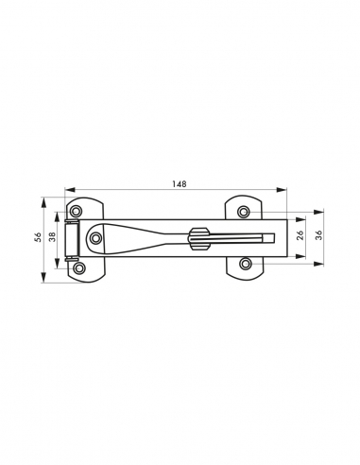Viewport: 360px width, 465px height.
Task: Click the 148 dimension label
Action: point(180,183)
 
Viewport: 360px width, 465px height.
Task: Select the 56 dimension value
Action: point(38,237)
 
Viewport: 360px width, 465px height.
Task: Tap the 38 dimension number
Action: point(52,236)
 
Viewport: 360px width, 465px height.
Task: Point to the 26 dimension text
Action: point(300,235)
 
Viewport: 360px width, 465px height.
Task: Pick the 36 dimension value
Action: point(319,235)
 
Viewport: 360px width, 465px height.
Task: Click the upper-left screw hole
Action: point(76,211)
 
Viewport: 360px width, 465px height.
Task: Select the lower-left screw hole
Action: point(78,268)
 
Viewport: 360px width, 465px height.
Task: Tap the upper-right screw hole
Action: point(244,212)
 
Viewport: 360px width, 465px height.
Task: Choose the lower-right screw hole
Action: point(246,264)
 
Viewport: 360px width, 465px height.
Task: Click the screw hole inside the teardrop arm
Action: point(95,238)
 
